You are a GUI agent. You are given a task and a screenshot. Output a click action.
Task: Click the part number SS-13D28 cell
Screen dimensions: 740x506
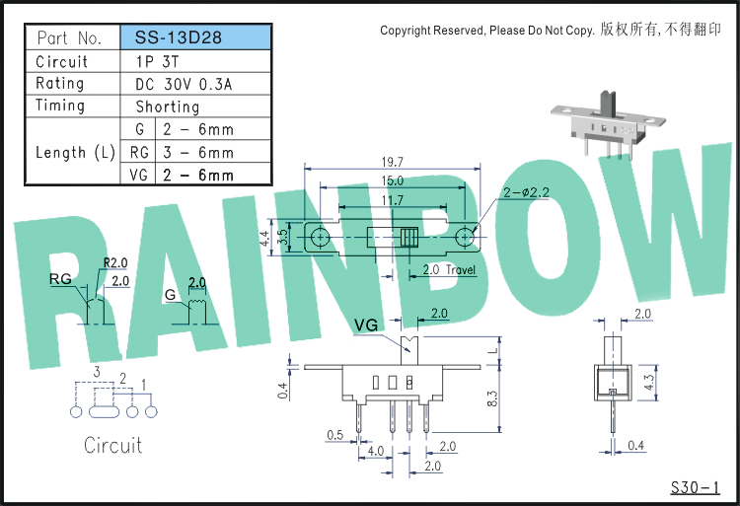tap(196, 37)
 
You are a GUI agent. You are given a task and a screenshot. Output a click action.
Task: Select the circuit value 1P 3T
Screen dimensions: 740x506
tap(158, 62)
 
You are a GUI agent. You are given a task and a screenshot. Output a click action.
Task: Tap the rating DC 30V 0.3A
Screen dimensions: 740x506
tap(184, 85)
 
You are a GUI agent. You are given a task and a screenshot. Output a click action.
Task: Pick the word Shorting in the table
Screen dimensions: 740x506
tap(168, 108)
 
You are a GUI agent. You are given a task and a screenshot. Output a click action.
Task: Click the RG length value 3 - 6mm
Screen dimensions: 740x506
tap(198, 152)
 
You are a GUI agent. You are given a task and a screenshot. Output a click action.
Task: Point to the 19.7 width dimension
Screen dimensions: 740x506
tap(392, 162)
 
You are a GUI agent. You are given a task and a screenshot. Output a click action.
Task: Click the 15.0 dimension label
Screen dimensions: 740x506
tap(392, 181)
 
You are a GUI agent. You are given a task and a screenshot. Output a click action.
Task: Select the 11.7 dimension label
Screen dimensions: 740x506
tap(392, 200)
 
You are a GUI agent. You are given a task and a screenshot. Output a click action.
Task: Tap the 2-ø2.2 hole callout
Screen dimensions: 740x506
tap(526, 192)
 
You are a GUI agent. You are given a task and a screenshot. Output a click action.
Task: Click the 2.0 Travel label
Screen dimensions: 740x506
tap(449, 269)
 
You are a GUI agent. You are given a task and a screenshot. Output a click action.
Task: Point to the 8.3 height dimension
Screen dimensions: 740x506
tap(492, 398)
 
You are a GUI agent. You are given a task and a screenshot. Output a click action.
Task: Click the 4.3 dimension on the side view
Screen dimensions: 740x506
tap(649, 382)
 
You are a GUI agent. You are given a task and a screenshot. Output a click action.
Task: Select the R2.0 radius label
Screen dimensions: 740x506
tap(115, 262)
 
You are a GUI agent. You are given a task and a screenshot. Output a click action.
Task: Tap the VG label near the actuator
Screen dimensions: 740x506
tap(366, 325)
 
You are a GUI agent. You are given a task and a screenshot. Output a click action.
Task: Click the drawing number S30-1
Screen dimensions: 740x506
tap(696, 487)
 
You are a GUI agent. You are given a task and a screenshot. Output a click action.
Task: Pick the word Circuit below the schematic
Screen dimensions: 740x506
tap(112, 445)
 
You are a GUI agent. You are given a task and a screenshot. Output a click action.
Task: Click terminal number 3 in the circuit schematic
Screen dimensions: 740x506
tap(97, 372)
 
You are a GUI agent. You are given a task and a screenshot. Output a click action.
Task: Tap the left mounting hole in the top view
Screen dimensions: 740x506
tap(320, 237)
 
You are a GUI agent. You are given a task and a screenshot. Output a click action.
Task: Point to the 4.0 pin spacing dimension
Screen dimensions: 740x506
tap(376, 451)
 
